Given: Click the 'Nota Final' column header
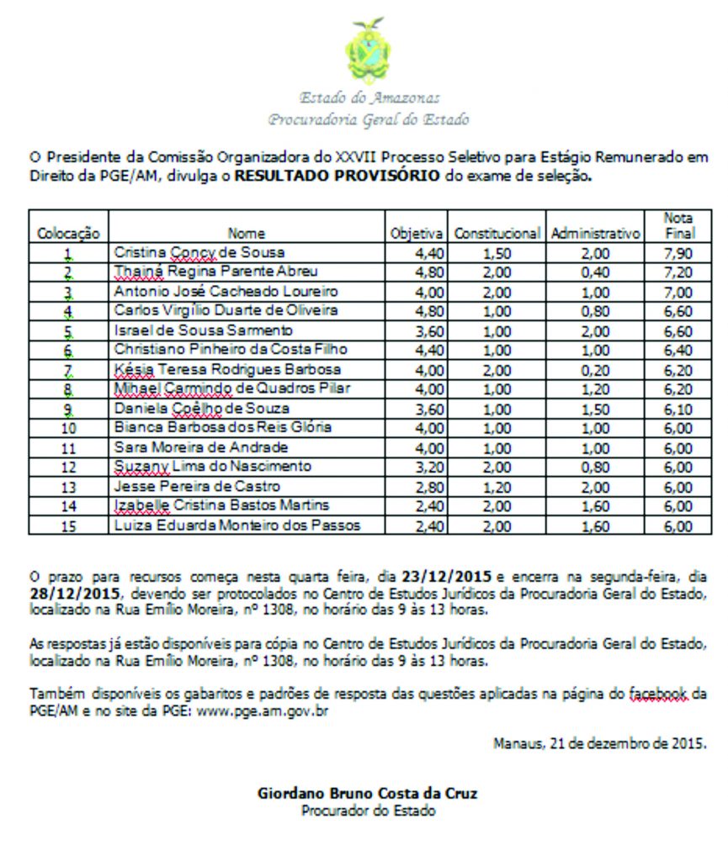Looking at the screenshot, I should [678, 224].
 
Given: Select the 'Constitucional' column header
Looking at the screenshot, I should [497, 234].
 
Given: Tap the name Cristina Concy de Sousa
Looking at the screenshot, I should [199, 253].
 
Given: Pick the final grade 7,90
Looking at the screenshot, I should [678, 254].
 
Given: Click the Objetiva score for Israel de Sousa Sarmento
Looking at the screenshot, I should [417, 331].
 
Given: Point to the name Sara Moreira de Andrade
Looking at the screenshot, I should [201, 447].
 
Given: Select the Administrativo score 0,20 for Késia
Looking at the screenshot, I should [595, 370].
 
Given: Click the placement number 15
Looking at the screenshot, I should [68, 526].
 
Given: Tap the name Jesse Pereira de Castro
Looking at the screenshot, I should [197, 487].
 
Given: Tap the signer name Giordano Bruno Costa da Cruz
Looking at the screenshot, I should [369, 793].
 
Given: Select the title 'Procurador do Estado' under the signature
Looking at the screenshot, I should [369, 811].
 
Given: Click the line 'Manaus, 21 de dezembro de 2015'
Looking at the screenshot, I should [599, 743].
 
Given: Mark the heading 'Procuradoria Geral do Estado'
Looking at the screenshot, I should [368, 119].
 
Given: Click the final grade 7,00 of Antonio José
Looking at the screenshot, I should [678, 293].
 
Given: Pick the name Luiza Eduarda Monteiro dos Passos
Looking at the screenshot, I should [237, 526].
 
